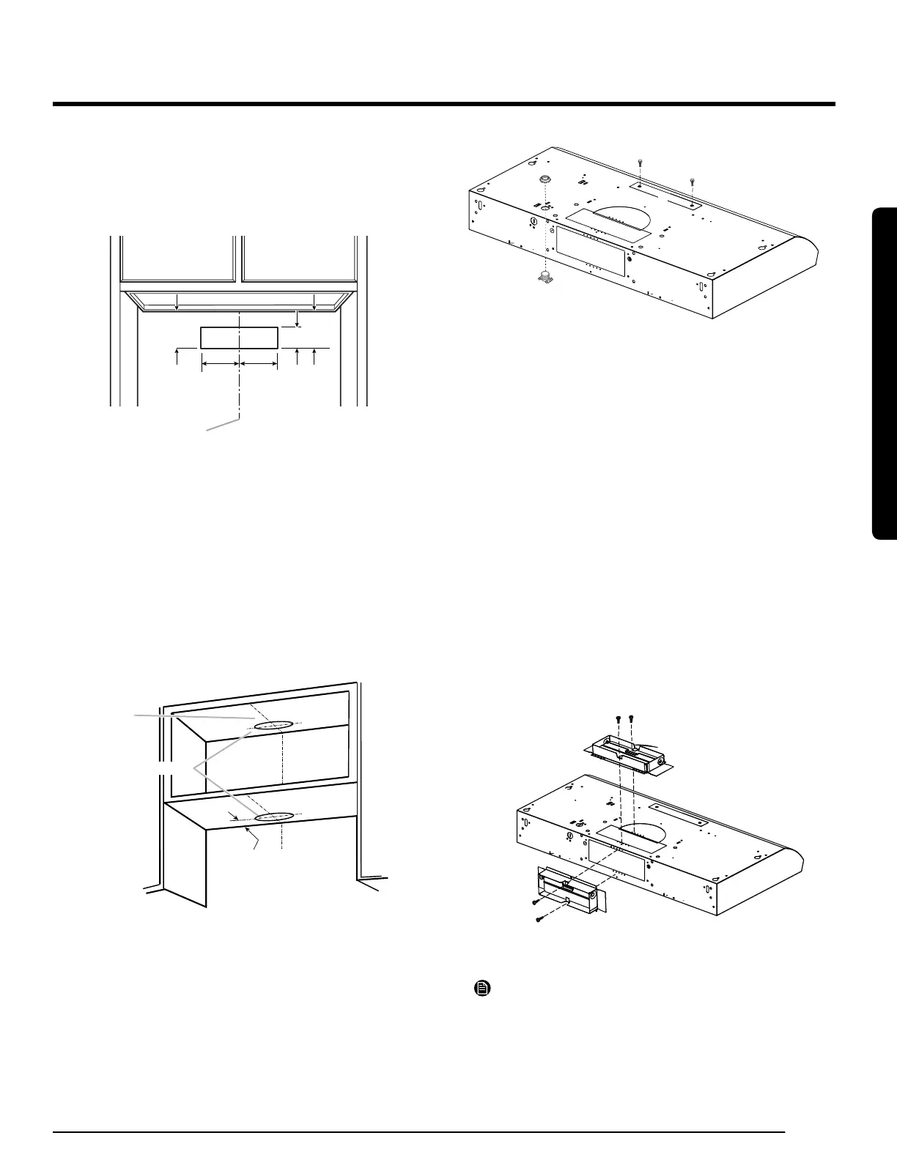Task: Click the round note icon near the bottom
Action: [x=481, y=989]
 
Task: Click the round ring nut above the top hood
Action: [x=545, y=180]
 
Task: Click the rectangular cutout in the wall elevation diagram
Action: [x=239, y=338]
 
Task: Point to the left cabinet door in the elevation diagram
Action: [x=181, y=260]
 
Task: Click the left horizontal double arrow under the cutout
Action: [x=221, y=363]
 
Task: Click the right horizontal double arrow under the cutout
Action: [x=259, y=363]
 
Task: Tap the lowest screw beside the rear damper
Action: [x=538, y=918]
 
